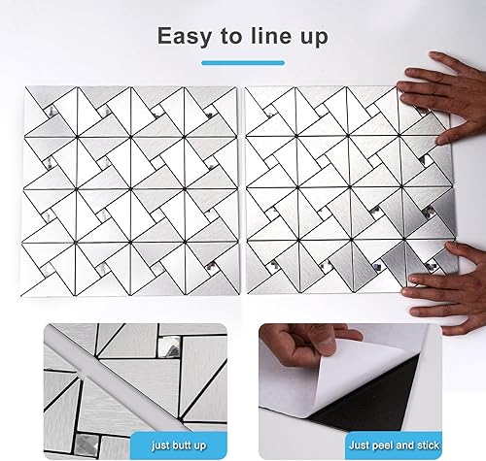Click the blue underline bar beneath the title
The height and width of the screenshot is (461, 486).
[x=242, y=63]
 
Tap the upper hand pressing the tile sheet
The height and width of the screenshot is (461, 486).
[x=442, y=97]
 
